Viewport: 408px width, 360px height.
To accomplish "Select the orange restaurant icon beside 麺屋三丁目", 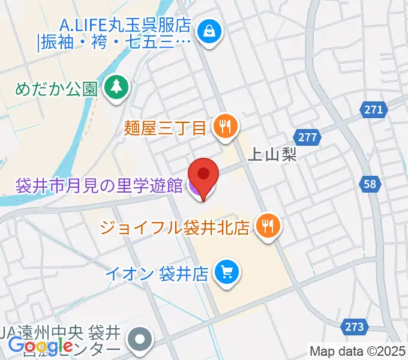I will [x=226, y=127].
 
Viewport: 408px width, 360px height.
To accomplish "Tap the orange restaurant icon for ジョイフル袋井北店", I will [x=267, y=226].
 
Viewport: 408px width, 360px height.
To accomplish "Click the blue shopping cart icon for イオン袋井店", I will [x=227, y=273].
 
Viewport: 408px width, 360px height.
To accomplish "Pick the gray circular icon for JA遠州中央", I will [x=140, y=339].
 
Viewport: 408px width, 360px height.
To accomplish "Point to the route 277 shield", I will [x=307, y=137].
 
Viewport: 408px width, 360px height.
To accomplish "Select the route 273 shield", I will [x=355, y=327].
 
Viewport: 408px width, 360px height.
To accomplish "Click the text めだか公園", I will [x=56, y=89].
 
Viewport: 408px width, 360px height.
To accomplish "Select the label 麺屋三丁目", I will [x=166, y=127].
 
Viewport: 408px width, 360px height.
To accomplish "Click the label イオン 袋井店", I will [x=156, y=274].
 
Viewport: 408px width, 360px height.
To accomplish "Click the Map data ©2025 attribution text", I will [x=358, y=351].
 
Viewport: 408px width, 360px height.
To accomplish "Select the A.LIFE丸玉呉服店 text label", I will [x=125, y=26].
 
